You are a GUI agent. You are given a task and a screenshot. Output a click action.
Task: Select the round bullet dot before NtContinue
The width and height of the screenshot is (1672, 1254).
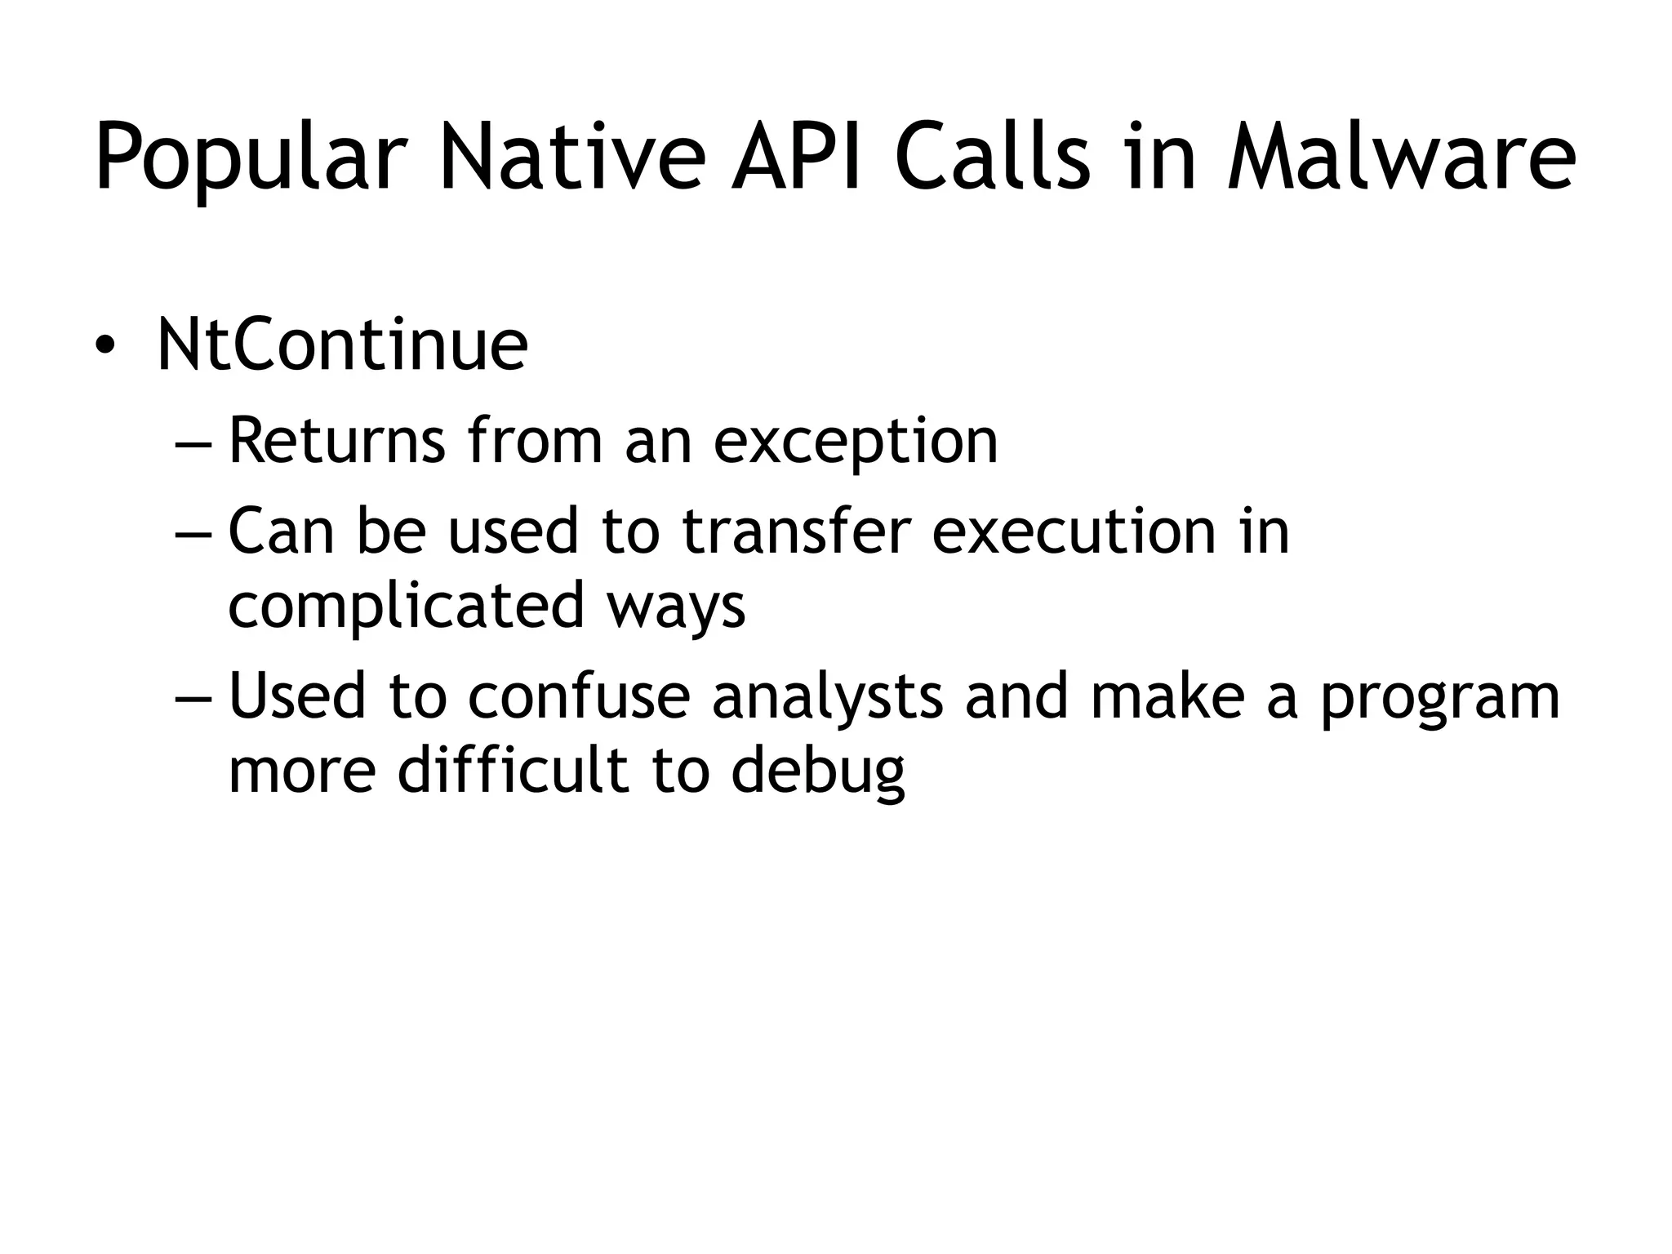click(105, 346)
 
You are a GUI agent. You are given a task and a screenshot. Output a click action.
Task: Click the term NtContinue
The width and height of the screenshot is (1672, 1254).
click(342, 345)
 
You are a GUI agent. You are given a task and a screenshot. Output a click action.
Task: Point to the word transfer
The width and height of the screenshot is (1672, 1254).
click(795, 531)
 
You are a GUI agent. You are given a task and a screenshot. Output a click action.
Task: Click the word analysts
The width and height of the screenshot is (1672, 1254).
click(827, 696)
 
